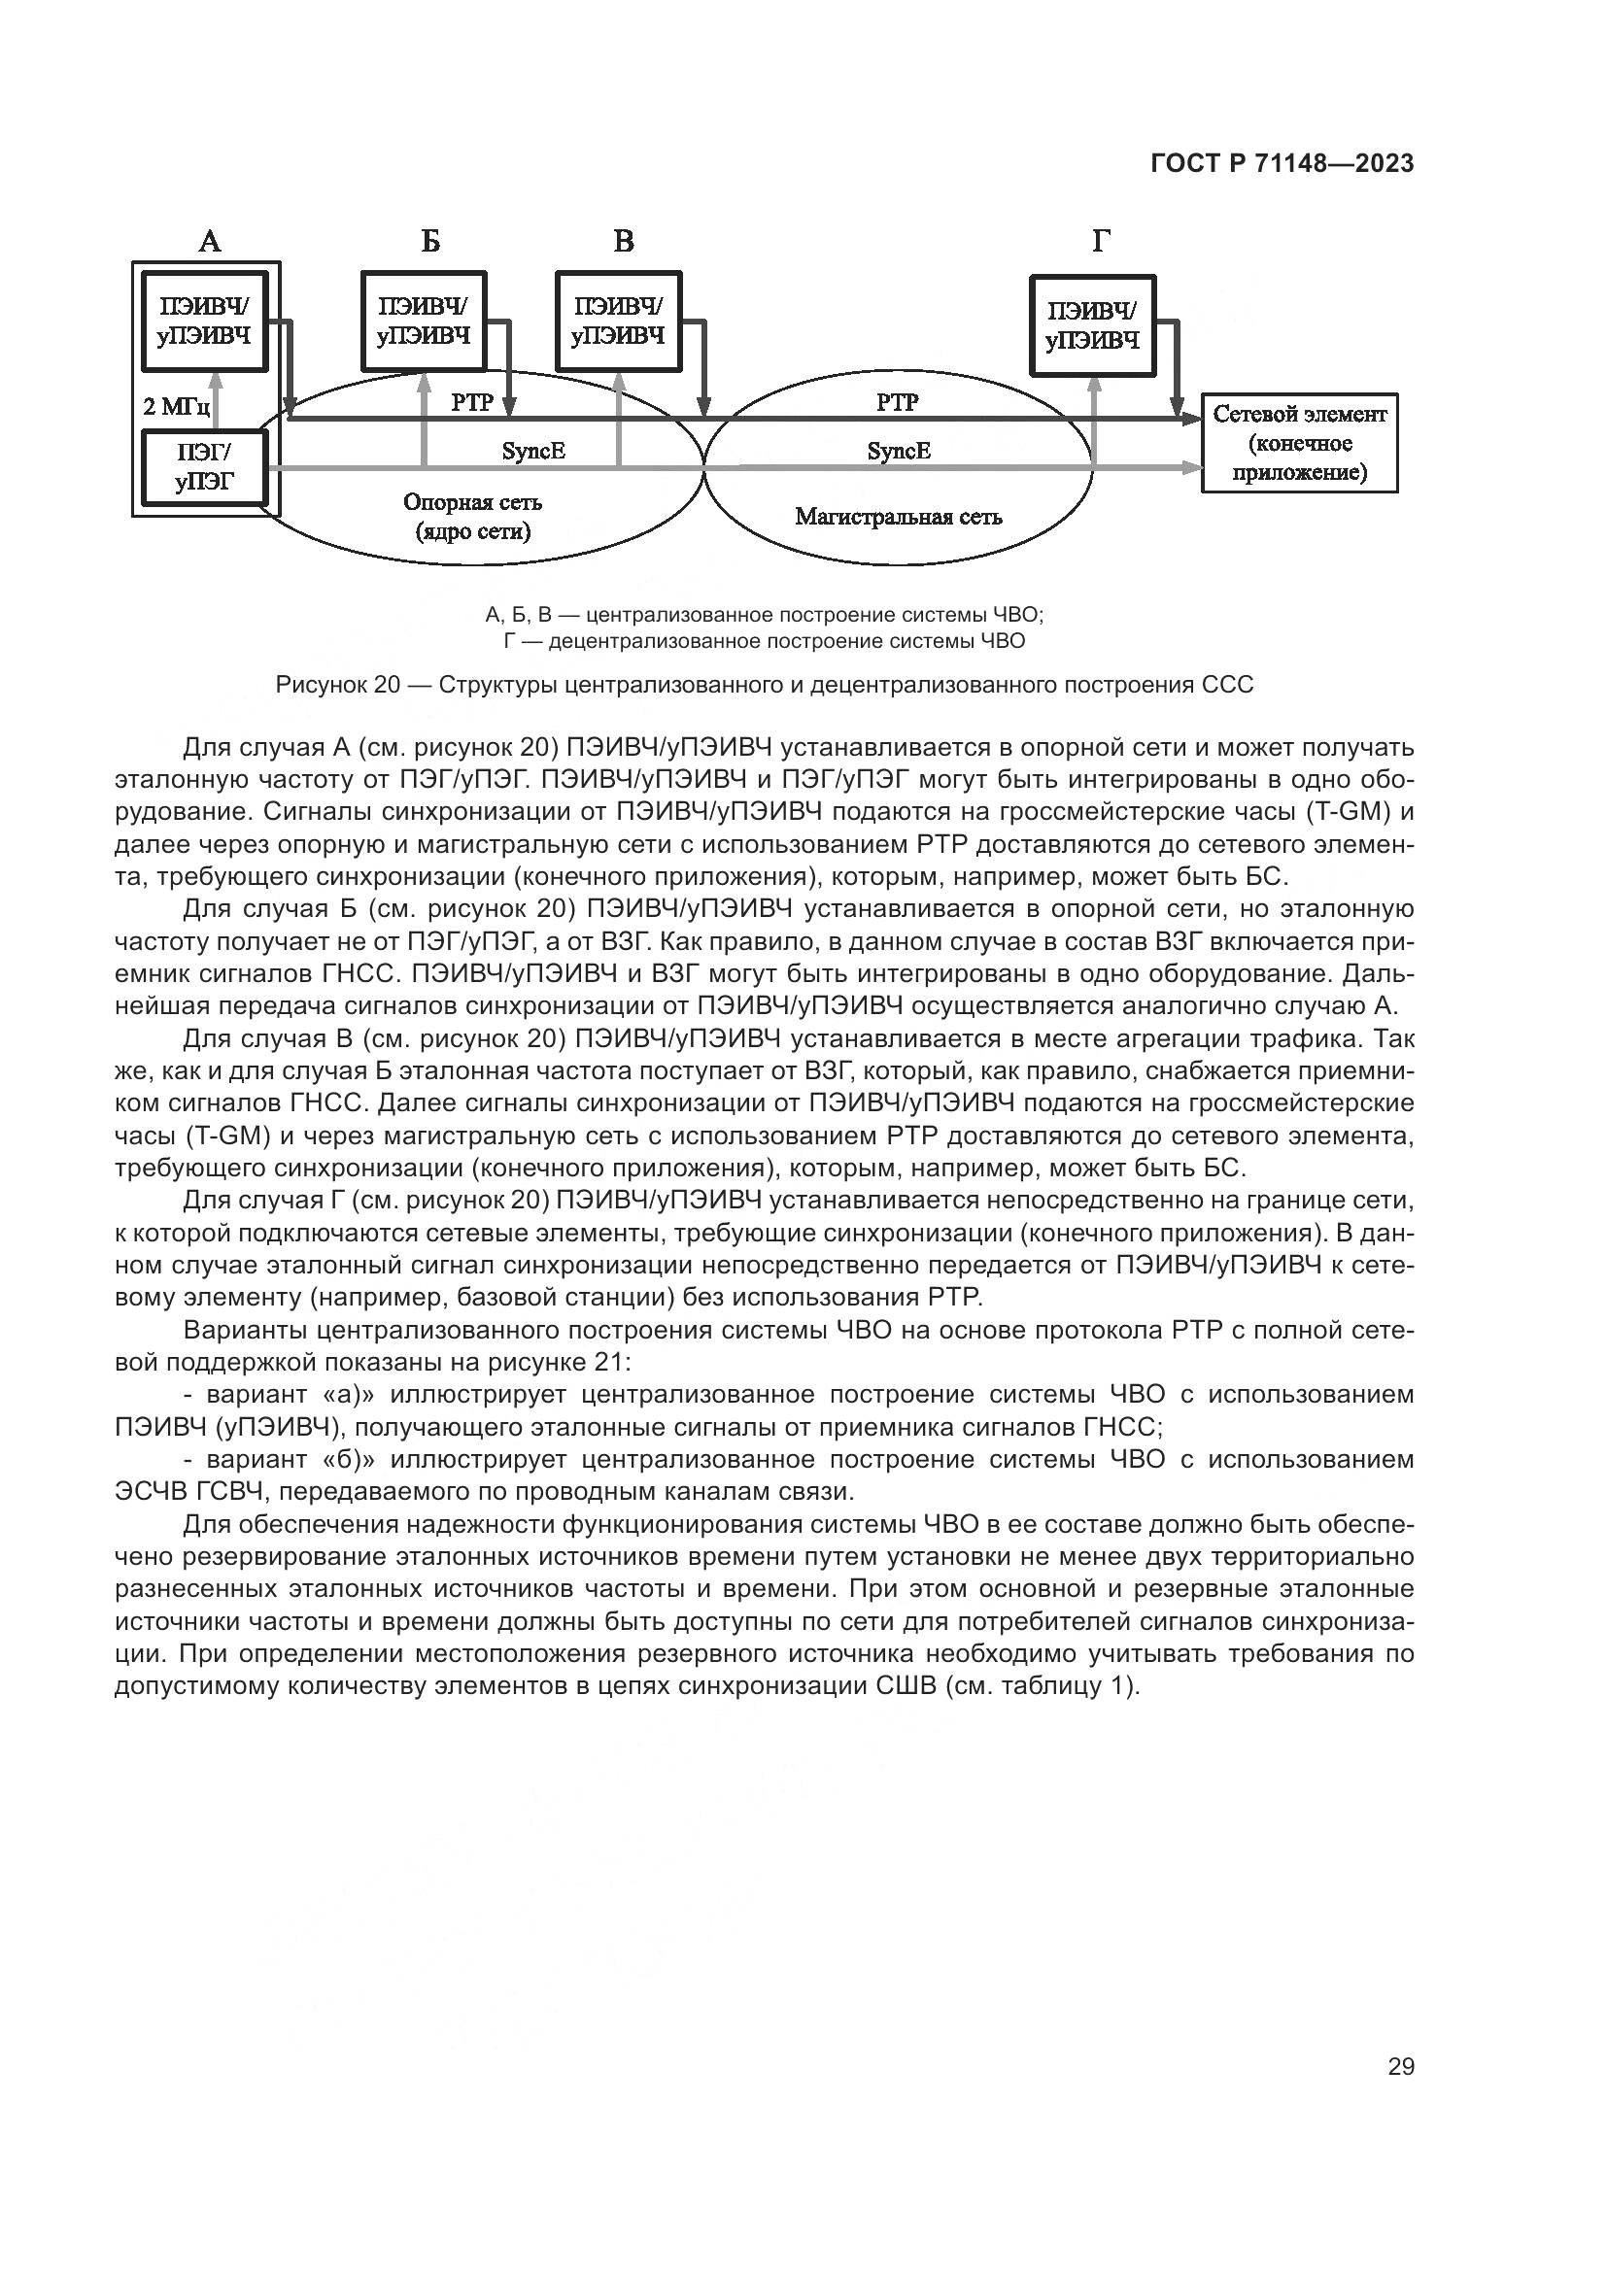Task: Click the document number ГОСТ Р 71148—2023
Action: (1282, 164)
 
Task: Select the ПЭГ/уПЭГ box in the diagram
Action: (204, 468)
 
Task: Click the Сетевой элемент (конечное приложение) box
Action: (1299, 442)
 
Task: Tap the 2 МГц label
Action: (170, 407)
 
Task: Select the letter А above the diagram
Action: (210, 242)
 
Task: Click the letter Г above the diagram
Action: (1102, 242)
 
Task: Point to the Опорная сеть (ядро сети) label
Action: (472, 517)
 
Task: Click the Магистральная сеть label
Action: (899, 516)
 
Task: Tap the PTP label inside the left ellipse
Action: (472, 403)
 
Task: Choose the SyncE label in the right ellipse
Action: (899, 452)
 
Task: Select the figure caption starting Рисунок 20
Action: (764, 684)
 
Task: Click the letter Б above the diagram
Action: (429, 242)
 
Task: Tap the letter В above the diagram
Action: (624, 242)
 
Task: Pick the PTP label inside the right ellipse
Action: (898, 402)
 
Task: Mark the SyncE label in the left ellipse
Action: (533, 452)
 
